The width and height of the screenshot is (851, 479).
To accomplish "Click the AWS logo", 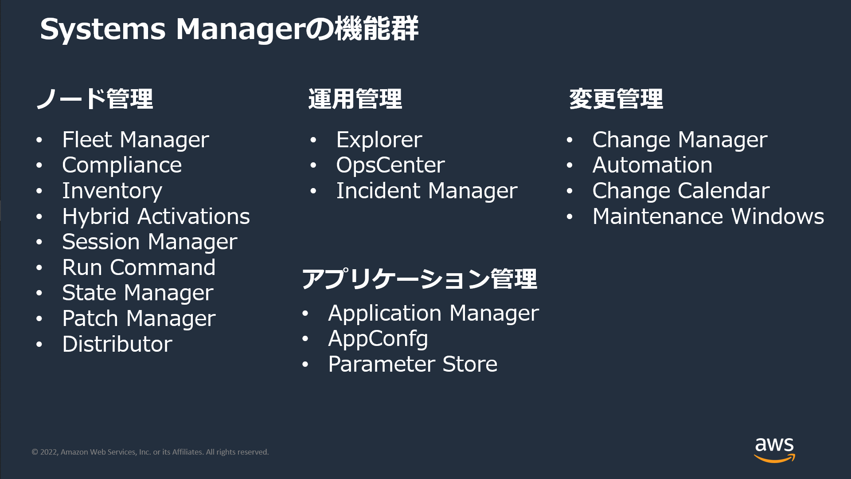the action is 774,450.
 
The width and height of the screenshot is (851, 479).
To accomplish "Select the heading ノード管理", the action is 94,98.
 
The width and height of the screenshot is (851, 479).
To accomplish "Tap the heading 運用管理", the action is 355,98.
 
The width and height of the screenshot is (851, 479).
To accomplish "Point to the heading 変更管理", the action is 616,98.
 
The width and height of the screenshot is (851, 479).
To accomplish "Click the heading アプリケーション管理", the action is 419,279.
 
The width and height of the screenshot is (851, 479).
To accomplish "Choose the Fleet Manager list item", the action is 136,140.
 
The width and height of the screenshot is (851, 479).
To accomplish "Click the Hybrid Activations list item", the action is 156,216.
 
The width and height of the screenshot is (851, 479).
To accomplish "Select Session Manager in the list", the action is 150,242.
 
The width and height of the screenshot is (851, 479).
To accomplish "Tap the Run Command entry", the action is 139,267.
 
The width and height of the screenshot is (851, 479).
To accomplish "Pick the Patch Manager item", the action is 139,318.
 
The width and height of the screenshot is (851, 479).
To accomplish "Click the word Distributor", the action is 117,344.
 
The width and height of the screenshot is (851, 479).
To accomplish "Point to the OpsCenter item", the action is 390,165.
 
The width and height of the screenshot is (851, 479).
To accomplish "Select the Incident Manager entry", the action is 427,191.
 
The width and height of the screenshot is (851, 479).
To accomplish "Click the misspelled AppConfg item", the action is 378,339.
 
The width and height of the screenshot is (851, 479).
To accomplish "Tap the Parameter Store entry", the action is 413,364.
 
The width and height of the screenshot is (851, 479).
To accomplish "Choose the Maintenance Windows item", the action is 708,216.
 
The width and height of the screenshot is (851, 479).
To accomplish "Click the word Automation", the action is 652,165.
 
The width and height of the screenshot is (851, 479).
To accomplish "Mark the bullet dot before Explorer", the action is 313,140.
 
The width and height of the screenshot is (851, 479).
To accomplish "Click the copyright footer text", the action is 150,452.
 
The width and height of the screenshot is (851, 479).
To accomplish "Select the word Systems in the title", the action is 103,29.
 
